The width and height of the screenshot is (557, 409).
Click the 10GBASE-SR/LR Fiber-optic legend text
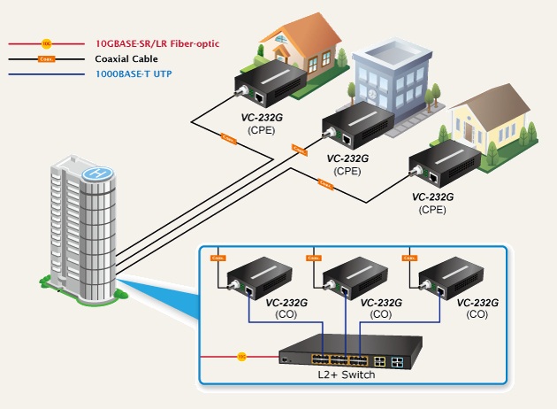[156, 42]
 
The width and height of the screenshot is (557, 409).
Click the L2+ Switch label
[346, 374]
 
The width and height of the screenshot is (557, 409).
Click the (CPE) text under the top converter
[262, 130]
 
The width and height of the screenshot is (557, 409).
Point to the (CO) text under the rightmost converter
[477, 313]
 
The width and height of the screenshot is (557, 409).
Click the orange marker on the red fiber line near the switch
[241, 357]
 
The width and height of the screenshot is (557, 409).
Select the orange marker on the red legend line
[47, 42]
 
